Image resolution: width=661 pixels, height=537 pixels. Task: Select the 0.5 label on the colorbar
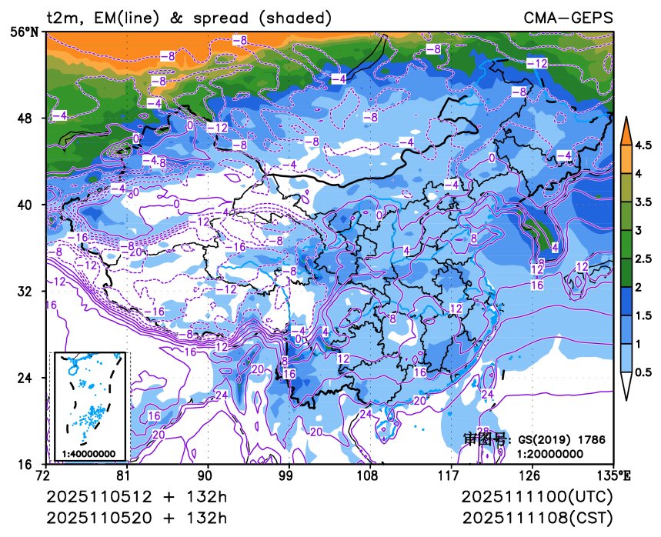643,371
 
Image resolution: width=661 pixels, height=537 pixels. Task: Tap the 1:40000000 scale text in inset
89,454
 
